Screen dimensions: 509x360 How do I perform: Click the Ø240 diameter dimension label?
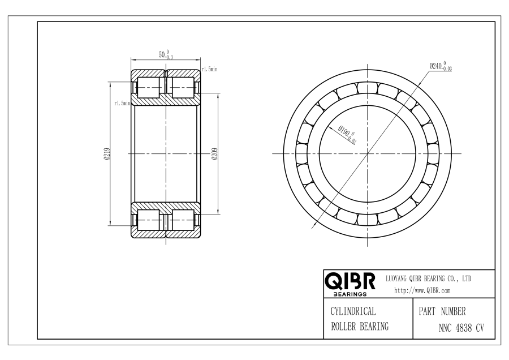(441, 66)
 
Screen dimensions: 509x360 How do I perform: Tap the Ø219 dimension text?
(107, 154)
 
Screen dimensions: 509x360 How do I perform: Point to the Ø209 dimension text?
(214, 154)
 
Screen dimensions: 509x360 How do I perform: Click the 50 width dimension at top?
(166, 54)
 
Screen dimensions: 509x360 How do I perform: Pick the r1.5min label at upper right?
(209, 69)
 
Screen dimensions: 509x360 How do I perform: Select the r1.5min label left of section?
(122, 104)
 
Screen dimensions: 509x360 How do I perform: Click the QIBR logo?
(350, 282)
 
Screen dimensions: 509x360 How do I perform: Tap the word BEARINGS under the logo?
(350, 294)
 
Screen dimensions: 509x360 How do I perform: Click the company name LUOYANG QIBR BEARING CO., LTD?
(428, 278)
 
